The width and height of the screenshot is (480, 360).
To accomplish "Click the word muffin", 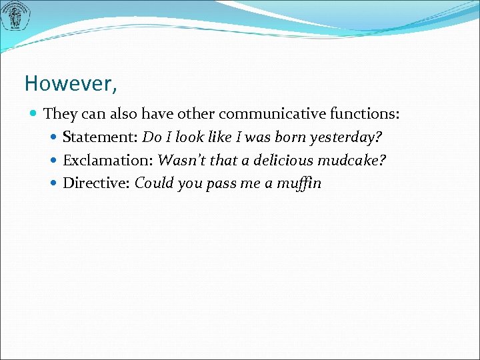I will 299,183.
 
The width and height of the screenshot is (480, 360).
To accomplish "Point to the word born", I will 289,137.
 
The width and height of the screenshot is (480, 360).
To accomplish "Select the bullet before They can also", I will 34,115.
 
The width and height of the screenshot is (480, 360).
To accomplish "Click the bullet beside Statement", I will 54,138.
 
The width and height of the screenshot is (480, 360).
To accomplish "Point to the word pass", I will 221,184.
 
